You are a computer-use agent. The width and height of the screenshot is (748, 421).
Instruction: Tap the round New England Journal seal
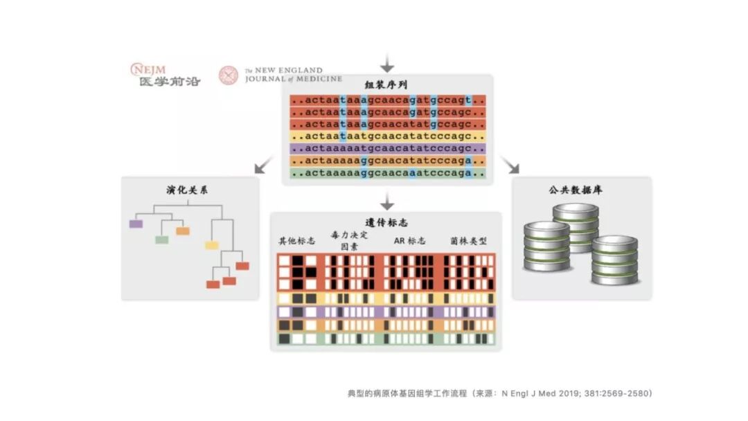pyautogui.click(x=229, y=75)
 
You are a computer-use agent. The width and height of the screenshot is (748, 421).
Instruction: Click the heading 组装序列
pyautogui.click(x=386, y=85)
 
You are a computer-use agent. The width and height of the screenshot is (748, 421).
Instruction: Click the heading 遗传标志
pyautogui.click(x=386, y=223)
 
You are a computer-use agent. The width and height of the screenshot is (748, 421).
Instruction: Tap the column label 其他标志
pyautogui.click(x=296, y=241)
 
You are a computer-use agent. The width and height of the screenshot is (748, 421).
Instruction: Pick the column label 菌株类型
pyautogui.click(x=468, y=241)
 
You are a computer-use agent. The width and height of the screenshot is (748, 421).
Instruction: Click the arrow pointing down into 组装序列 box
pyautogui.click(x=387, y=64)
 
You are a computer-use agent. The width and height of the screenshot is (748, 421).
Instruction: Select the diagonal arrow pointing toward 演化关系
pyautogui.click(x=263, y=165)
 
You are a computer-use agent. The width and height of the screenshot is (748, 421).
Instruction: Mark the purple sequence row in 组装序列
pyautogui.click(x=388, y=148)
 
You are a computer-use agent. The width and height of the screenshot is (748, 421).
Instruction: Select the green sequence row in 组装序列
pyautogui.click(x=388, y=173)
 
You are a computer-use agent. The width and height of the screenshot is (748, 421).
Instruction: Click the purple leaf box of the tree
pyautogui.click(x=136, y=224)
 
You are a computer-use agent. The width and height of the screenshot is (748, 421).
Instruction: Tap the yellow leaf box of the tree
pyautogui.click(x=211, y=245)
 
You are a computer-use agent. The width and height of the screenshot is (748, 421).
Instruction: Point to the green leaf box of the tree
pyautogui.click(x=161, y=240)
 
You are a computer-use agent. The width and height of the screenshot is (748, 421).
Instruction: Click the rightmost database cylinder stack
pyautogui.click(x=614, y=260)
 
